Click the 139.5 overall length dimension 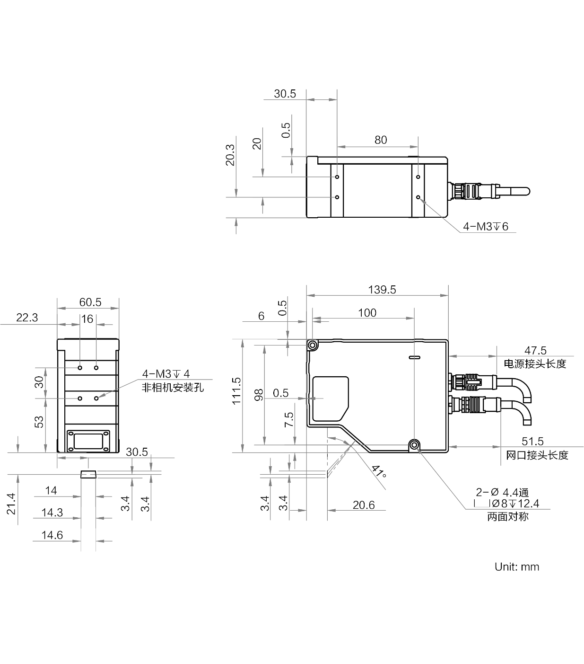[382, 290]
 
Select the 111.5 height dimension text [236, 391]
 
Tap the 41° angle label [379, 472]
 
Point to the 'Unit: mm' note [517, 567]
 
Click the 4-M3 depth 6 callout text [486, 227]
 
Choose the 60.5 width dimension [90, 302]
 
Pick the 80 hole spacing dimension [381, 140]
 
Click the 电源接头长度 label [535, 364]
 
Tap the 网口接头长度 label [537, 455]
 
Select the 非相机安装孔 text [173, 388]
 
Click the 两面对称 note [508, 517]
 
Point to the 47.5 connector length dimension [535, 350]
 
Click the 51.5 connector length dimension [532, 442]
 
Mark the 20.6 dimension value [364, 505]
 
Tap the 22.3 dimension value [27, 318]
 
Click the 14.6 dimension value [52, 535]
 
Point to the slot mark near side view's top [415, 357]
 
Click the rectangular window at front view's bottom [88, 441]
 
